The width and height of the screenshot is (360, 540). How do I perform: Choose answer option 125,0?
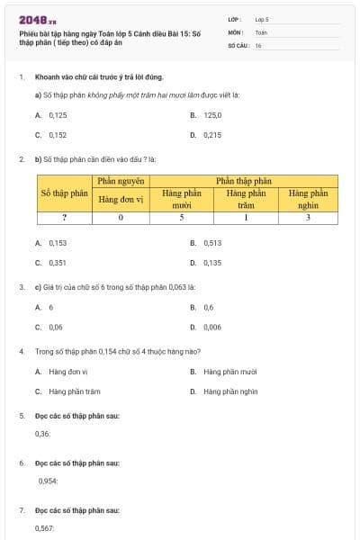pos(212,115)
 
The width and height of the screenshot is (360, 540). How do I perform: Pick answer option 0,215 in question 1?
pos(212,135)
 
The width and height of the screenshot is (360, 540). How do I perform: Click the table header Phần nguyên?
pos(121,181)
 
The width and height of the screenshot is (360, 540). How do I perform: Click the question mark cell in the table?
pos(64,217)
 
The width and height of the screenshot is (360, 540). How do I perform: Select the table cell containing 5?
pos(182,217)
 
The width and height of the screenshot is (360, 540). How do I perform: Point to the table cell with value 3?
pos(308,217)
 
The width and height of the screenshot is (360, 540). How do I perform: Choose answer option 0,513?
pos(212,243)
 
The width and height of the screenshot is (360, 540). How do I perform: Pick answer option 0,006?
pos(212,327)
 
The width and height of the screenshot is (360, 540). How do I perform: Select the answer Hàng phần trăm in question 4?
pos(75,391)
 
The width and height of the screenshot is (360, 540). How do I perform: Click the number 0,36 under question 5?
pos(42,434)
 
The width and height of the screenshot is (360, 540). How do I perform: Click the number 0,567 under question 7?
pos(44,528)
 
